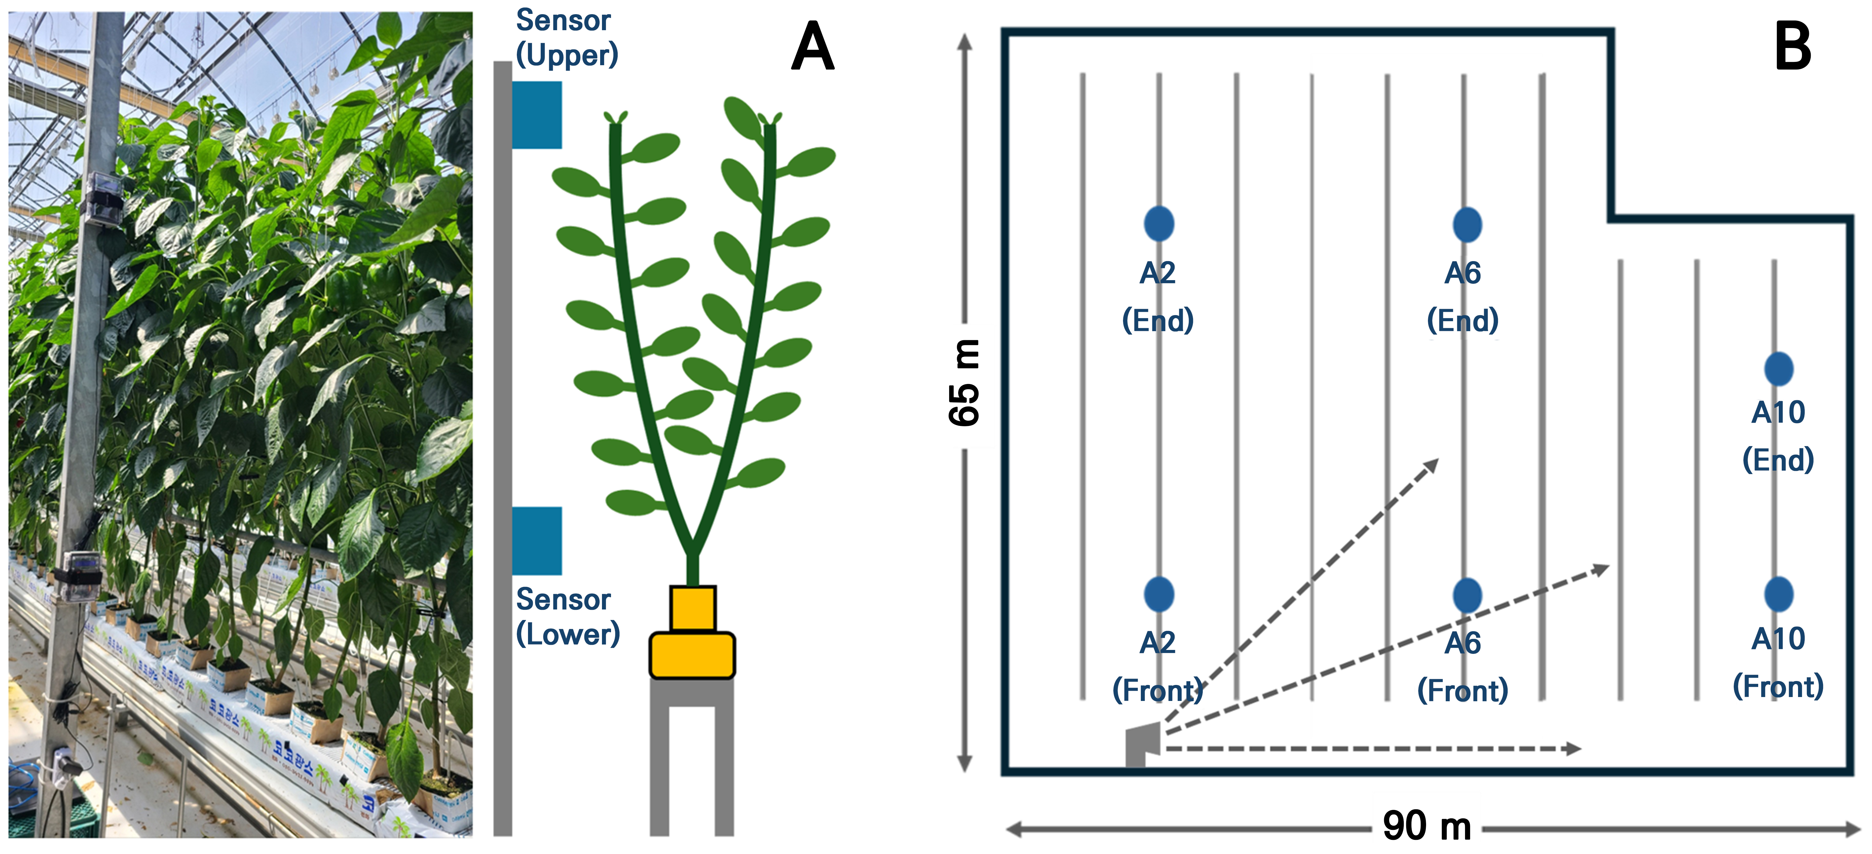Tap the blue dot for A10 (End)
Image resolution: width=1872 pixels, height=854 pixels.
click(1778, 369)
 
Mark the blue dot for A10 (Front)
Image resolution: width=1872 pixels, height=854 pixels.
click(1778, 594)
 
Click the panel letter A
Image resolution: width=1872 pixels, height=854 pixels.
click(812, 46)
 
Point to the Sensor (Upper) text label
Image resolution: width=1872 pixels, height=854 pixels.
click(566, 38)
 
